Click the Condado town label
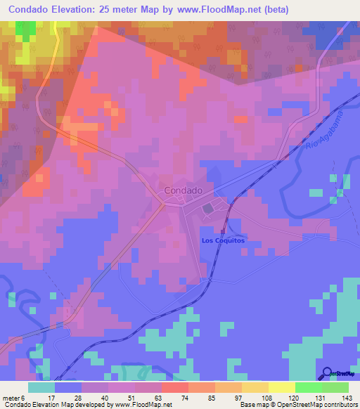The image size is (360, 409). pos(183,190)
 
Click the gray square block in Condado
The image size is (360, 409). pos(208,209)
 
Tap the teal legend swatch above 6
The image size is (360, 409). pos(41,388)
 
